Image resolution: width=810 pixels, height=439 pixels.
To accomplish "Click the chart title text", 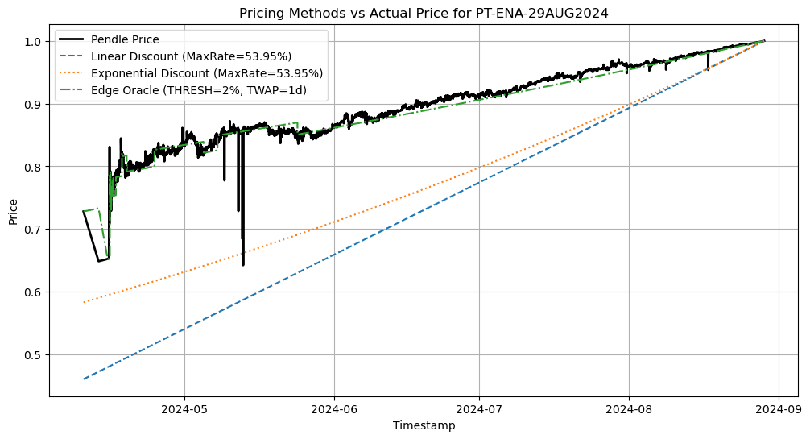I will coord(424,13).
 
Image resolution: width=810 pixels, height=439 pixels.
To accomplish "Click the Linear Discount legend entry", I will coord(191,56).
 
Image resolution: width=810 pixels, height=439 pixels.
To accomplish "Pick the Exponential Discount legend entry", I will coord(207,73).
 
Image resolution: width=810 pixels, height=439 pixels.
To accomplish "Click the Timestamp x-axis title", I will coord(424,425).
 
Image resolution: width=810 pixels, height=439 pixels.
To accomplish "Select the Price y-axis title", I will coord(13,212).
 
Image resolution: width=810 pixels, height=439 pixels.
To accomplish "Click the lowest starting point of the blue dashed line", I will coord(84,379).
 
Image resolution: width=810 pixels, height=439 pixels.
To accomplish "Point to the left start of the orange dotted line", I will coord(84,302).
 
